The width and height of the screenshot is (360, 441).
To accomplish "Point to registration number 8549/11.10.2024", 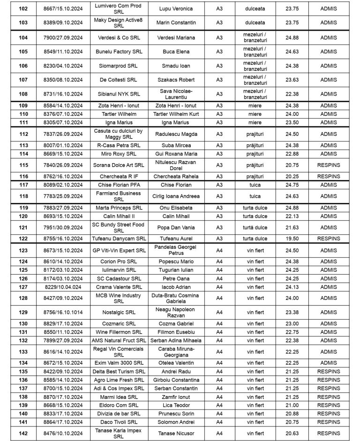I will [x=62, y=52].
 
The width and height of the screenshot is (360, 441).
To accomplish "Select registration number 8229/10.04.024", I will [x=62, y=287].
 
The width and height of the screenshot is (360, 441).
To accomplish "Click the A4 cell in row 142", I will [x=219, y=434].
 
